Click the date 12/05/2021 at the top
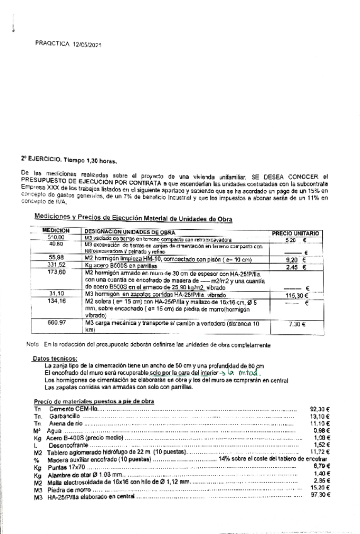pos(87,45)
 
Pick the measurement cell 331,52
pos(57,265)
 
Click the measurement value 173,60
pos(57,273)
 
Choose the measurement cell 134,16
pos(57,301)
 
